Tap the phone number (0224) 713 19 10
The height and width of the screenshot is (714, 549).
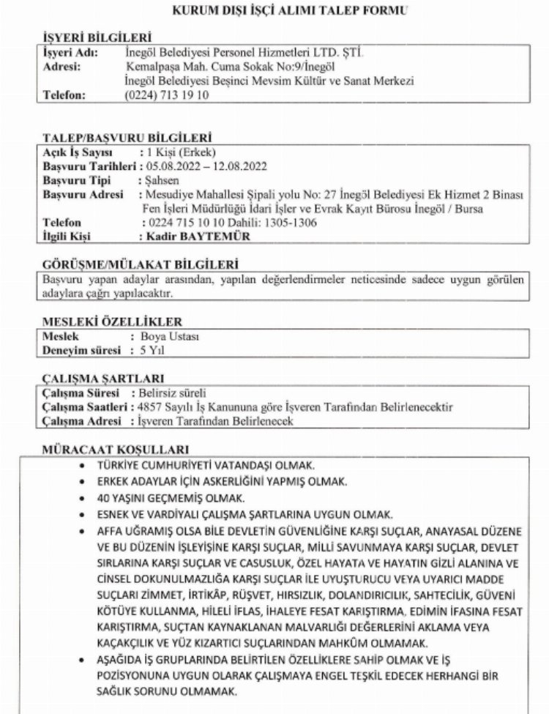pyautogui.click(x=168, y=94)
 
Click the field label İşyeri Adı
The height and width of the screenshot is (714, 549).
pyautogui.click(x=69, y=54)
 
